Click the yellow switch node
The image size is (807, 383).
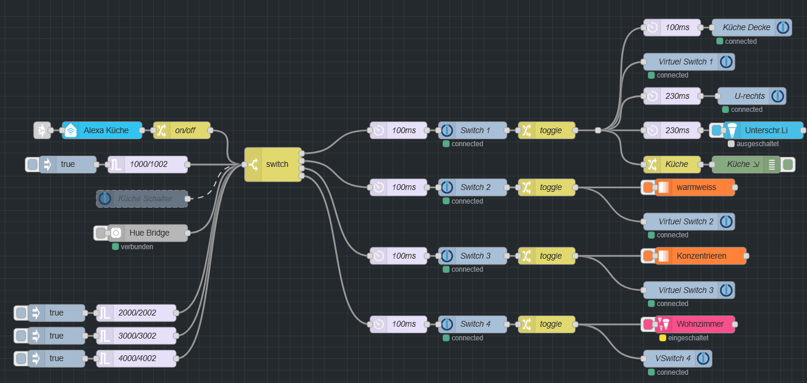point(273,164)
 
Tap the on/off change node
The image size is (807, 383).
point(182,130)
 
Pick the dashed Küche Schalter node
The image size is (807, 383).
point(142,199)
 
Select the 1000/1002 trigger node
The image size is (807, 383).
point(148,164)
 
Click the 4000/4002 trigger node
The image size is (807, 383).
point(137,358)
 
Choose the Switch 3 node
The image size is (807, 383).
point(472,256)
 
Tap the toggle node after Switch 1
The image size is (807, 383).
point(547,130)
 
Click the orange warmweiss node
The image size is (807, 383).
point(695,187)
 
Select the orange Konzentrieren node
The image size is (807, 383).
point(701,256)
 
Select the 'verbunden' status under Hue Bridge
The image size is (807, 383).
point(137,247)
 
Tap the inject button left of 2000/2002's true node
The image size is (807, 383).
point(21,313)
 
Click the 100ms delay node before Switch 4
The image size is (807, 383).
point(398,324)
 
